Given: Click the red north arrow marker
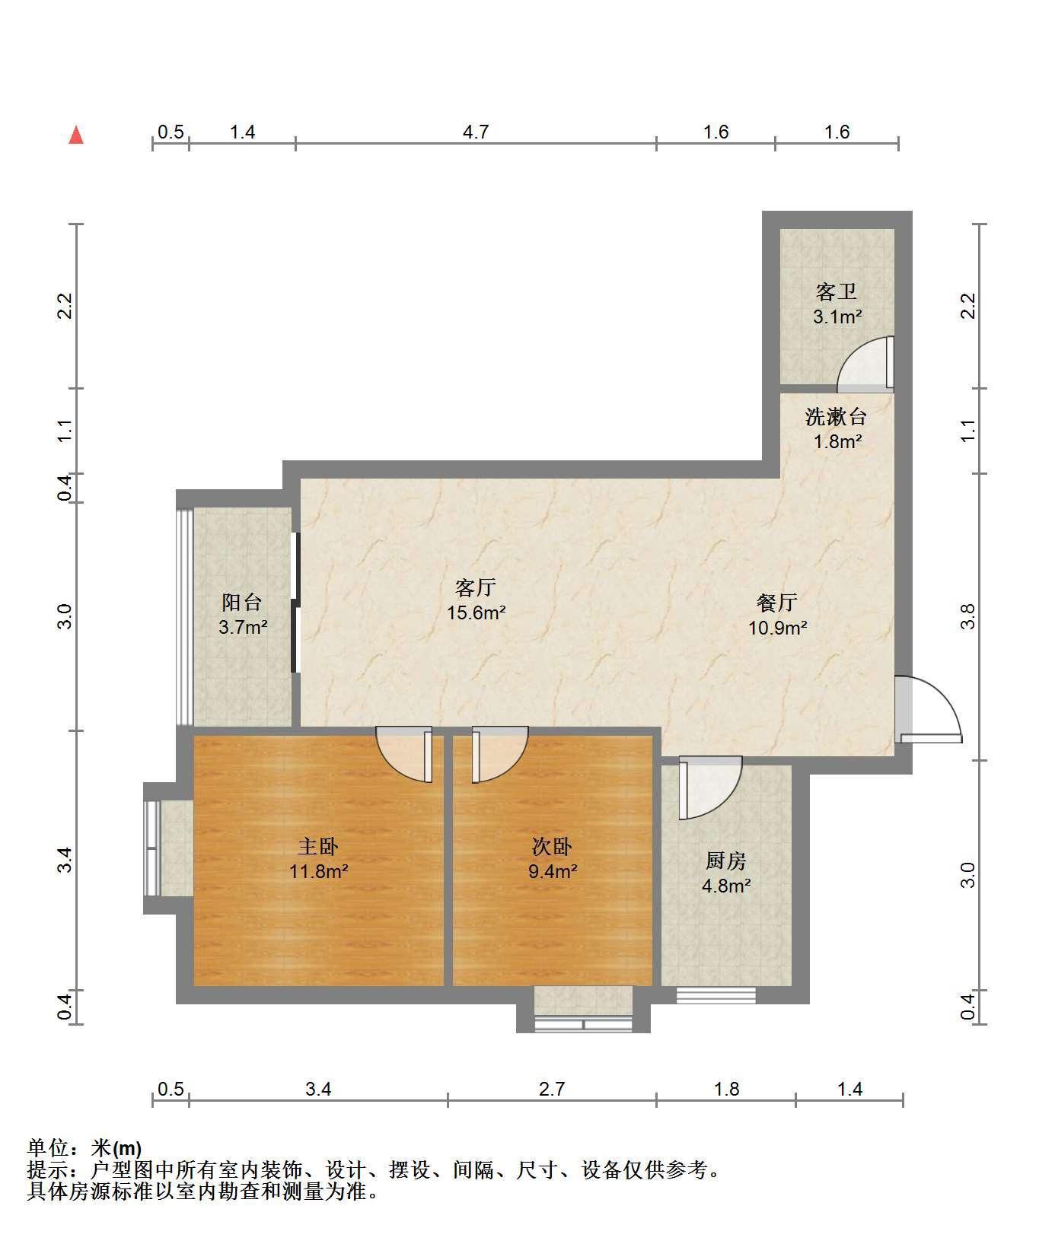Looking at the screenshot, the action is coord(75,135).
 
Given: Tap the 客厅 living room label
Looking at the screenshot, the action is coord(476,587).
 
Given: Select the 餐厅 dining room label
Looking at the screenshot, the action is coord(777,603).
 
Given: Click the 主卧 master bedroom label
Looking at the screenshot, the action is coord(318,846).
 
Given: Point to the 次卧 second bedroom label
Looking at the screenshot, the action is coord(552,846).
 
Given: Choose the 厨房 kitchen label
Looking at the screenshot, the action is coord(726,861).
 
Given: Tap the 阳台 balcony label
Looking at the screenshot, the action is coord(242,603).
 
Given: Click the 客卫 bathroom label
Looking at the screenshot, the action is coord(837,291).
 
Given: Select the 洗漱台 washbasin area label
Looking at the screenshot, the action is coord(837,416).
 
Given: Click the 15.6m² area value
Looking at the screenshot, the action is coord(477,612).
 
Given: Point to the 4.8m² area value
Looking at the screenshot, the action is coord(726,886).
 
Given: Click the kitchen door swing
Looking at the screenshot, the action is coord(710,787).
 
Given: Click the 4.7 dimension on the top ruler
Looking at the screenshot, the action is coord(476,132).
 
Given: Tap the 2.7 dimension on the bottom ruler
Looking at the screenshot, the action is coord(552,1089).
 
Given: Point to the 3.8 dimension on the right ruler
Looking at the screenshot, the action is coord(968,617).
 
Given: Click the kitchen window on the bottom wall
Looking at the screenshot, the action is coord(716,994).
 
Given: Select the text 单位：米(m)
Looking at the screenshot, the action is coord(84,1148).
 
